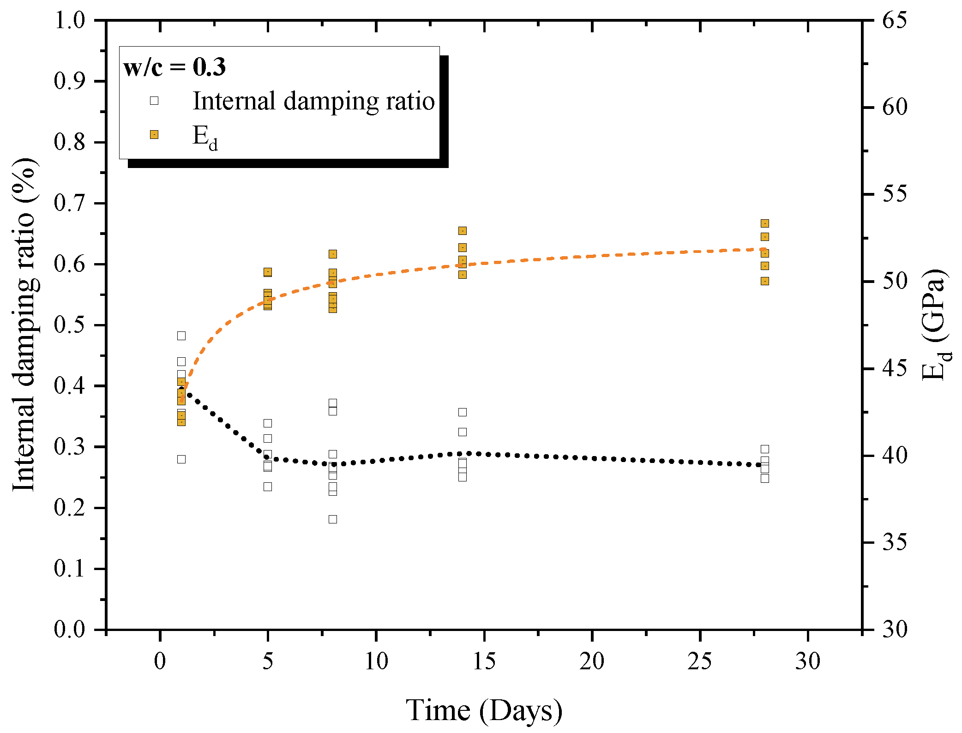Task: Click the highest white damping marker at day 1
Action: (181, 336)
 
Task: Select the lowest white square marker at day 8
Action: (333, 519)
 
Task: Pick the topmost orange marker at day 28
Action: (765, 223)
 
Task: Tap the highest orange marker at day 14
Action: (463, 231)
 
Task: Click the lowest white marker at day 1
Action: (181, 459)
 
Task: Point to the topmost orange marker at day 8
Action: (333, 254)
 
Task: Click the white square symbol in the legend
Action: (154, 101)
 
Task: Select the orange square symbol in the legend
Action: (154, 135)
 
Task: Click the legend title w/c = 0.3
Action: (174, 67)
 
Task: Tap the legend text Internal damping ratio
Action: (313, 101)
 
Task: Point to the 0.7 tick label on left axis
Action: (70, 203)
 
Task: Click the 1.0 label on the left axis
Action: (70, 20)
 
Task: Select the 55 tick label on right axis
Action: (895, 194)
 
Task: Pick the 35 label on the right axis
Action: (895, 542)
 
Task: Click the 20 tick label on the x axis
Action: (592, 661)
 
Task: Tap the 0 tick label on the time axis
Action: (160, 661)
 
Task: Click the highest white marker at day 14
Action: (463, 412)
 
